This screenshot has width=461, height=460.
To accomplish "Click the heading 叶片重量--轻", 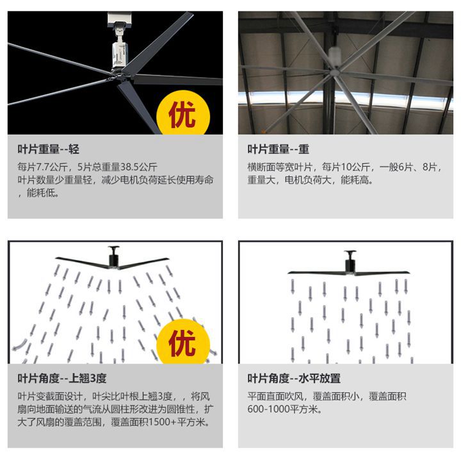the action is (48, 149).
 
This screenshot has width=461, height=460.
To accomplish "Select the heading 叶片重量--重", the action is (278, 149).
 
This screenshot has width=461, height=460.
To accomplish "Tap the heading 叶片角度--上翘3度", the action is (61, 378).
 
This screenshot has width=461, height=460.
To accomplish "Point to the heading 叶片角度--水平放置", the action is (294, 378).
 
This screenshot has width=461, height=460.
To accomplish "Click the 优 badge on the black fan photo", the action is (183, 114).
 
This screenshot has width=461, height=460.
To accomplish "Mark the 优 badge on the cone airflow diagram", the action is (183, 342).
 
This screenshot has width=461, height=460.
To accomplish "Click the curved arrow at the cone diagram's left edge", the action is (19, 345).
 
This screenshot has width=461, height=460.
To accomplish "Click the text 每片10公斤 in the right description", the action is (346, 167).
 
